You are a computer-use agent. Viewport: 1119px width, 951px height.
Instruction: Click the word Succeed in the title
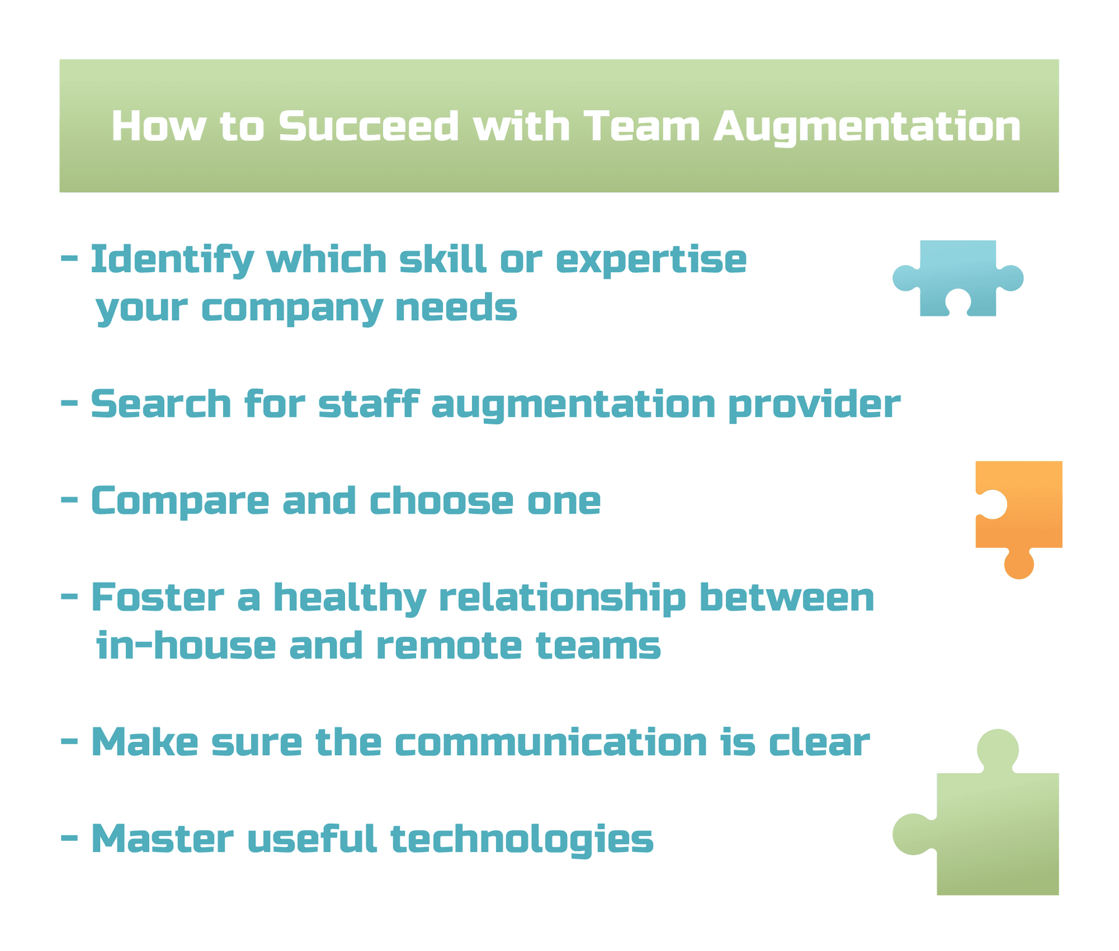(x=368, y=126)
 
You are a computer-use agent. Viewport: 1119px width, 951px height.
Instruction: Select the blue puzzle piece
(x=958, y=278)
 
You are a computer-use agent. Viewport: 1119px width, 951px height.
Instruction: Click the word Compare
(x=180, y=501)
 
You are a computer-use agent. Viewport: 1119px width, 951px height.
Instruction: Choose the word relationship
(x=562, y=599)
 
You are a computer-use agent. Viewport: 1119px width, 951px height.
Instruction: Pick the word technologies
(x=522, y=840)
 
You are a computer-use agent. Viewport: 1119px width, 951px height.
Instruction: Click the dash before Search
(x=69, y=403)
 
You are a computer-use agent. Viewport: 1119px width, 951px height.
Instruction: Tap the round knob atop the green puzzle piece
(x=998, y=750)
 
